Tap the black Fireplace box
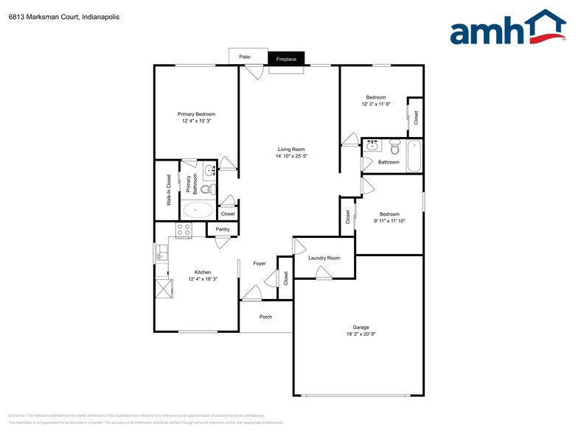pyautogui.click(x=286, y=59)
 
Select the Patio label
pyautogui.click(x=244, y=56)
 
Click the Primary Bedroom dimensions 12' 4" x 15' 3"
pyautogui.click(x=196, y=122)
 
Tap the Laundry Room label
pyautogui.click(x=324, y=258)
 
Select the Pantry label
pyautogui.click(x=223, y=230)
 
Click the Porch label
pyautogui.click(x=265, y=317)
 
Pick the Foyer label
pyautogui.click(x=260, y=263)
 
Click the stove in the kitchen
pyautogui.click(x=183, y=229)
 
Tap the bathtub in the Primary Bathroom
pyautogui.click(x=196, y=210)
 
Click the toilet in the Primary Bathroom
pyautogui.click(x=207, y=189)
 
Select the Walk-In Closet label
pyautogui.click(x=168, y=189)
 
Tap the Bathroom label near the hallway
pyautogui.click(x=389, y=162)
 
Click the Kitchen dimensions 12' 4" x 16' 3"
pyautogui.click(x=203, y=279)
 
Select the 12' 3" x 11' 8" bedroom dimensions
pyautogui.click(x=376, y=104)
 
